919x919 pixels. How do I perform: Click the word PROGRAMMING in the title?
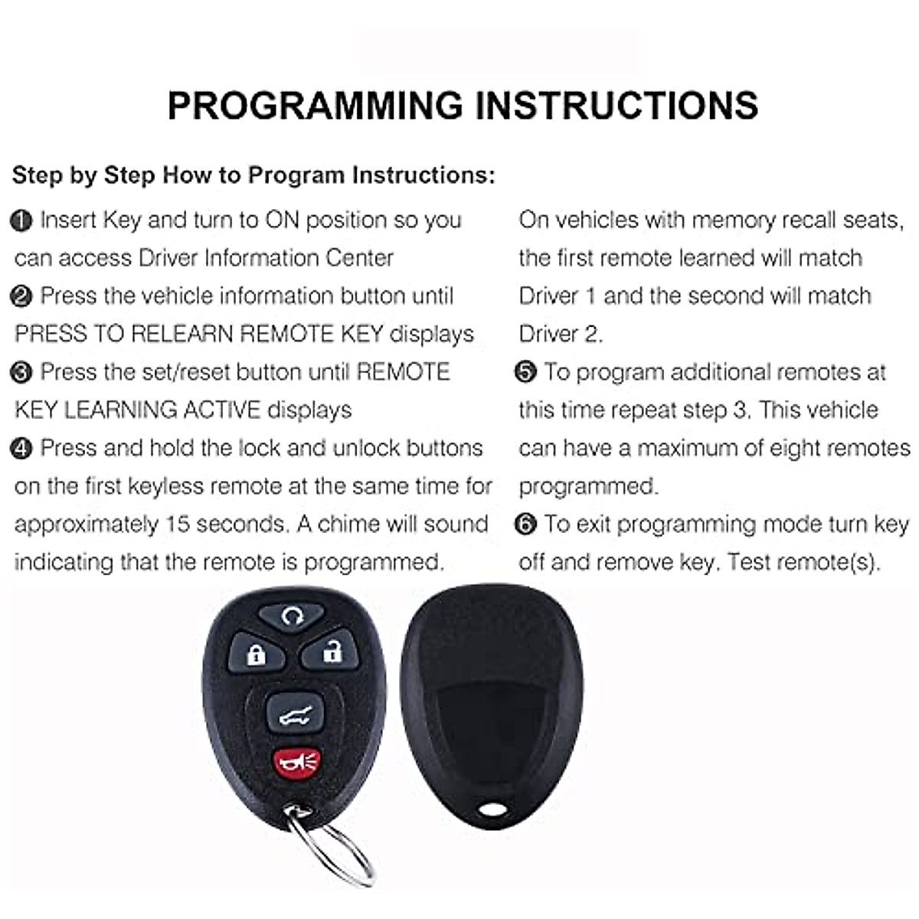pos(315,106)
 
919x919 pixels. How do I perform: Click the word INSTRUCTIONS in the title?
pos(617,106)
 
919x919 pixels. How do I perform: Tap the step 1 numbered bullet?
pos(21,221)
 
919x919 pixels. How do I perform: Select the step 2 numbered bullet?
pos(21,297)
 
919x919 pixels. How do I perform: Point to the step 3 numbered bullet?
pos(21,373)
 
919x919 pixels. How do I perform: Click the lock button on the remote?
pos(256,653)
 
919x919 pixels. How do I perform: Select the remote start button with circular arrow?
pos(291,615)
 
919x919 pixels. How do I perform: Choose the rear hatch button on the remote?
pos(293,716)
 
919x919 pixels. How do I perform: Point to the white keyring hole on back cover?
pos(492,807)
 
